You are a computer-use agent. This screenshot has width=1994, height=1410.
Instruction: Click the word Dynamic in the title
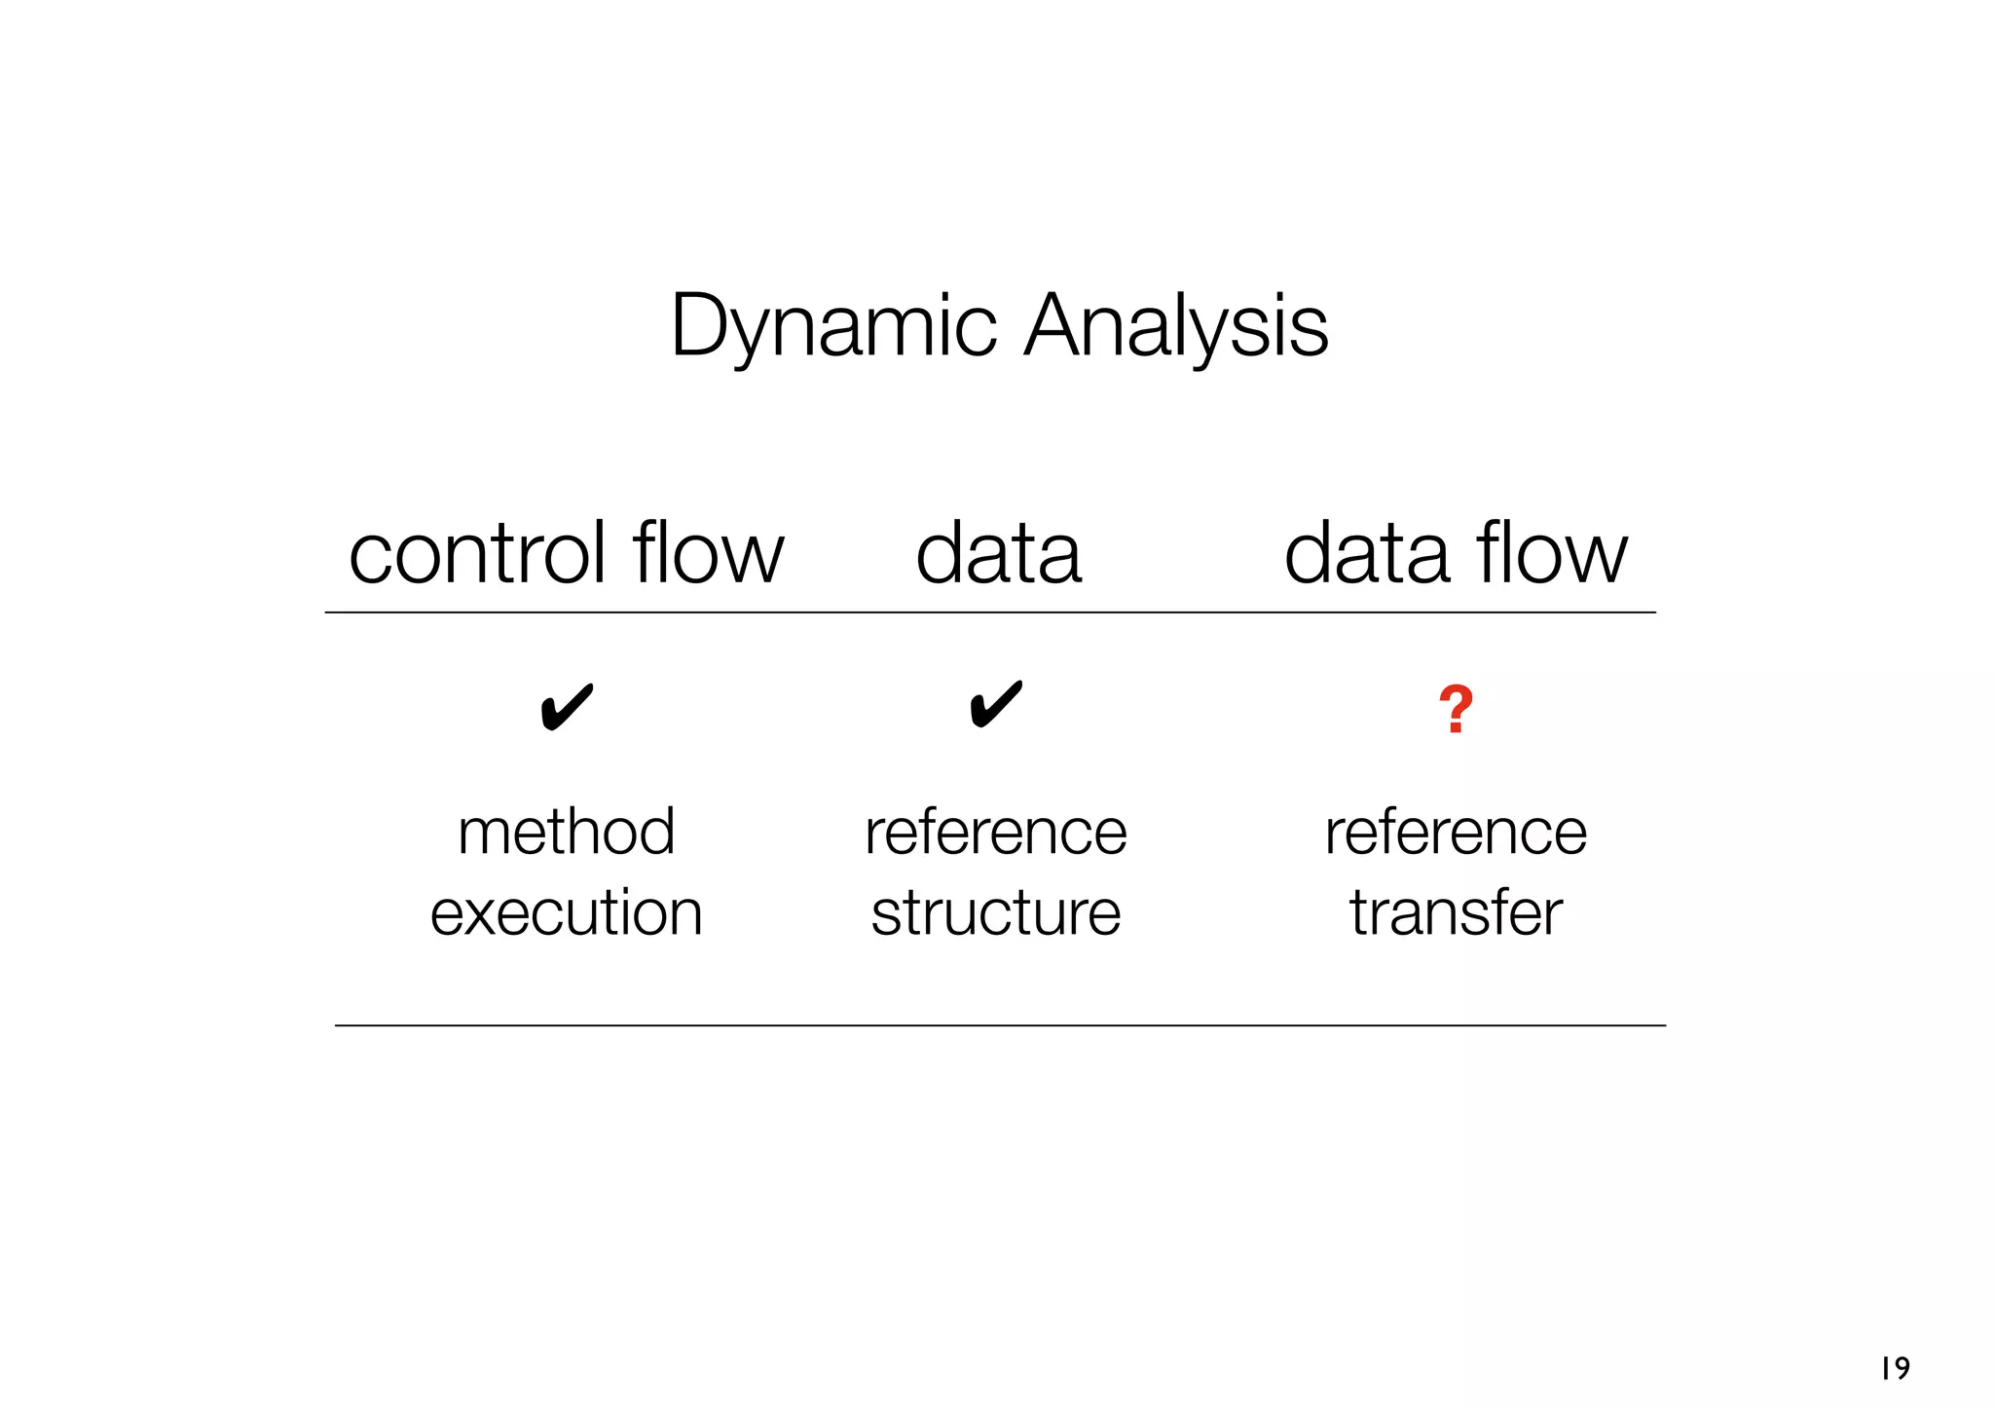click(x=833, y=326)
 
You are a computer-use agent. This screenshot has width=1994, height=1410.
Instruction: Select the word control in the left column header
click(x=478, y=554)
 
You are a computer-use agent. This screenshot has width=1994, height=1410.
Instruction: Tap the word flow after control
click(x=708, y=554)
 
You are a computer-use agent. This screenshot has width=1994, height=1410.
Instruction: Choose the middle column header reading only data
click(x=998, y=554)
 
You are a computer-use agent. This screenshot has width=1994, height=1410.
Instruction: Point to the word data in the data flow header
click(x=1367, y=554)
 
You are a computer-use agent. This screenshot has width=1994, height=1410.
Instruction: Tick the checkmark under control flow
click(x=567, y=707)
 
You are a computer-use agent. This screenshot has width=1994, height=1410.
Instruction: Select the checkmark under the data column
click(x=996, y=705)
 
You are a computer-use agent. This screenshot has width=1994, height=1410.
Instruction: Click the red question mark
click(x=1456, y=710)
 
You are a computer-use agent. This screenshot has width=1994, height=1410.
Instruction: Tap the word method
click(x=567, y=833)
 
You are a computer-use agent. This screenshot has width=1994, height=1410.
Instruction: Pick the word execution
click(x=567, y=913)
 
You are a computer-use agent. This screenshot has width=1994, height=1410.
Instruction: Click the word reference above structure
click(x=996, y=833)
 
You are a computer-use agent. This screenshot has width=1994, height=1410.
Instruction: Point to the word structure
click(x=996, y=913)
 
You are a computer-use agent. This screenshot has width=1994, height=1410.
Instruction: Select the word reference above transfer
click(x=1456, y=833)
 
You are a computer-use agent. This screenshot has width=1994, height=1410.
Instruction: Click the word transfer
click(x=1456, y=913)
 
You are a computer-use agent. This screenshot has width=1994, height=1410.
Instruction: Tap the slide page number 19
click(x=1895, y=1368)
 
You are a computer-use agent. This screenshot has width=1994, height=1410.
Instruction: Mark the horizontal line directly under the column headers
click(x=990, y=612)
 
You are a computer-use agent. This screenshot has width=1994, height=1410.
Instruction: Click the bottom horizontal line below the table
click(x=1000, y=1025)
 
